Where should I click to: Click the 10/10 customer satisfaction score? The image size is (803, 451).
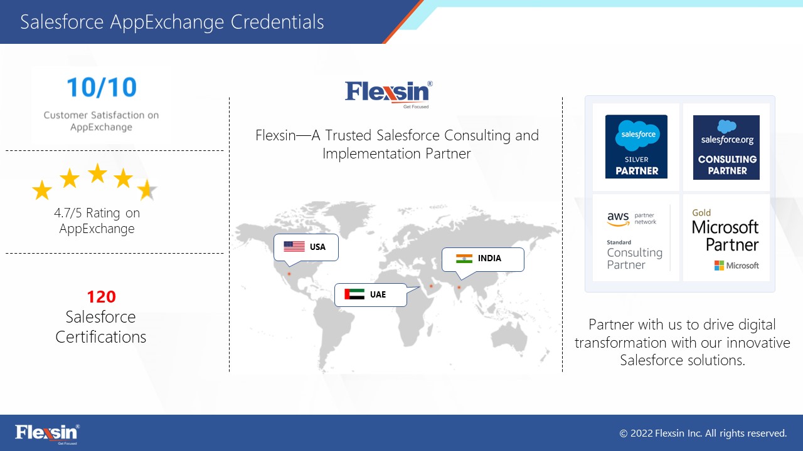click(102, 87)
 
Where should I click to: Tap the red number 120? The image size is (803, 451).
click(102, 297)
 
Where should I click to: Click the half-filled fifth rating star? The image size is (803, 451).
click(147, 189)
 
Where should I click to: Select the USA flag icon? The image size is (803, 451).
click(294, 247)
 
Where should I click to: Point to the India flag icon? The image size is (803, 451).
click(464, 259)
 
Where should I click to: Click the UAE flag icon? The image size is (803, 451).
click(354, 294)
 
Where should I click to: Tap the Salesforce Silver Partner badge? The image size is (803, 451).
click(636, 147)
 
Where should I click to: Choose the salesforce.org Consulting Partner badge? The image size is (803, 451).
click(726, 147)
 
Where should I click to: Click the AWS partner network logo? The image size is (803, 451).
click(632, 219)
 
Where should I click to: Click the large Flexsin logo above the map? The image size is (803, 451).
click(389, 94)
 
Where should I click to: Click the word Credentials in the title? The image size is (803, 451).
click(277, 22)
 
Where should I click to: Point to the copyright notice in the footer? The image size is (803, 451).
click(703, 433)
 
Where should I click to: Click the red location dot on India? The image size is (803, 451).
click(459, 287)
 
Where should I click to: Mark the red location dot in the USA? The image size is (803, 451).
click(289, 274)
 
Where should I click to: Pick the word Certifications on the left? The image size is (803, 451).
click(101, 337)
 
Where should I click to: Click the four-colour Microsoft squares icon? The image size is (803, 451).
click(719, 266)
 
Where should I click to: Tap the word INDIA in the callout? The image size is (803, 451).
click(489, 258)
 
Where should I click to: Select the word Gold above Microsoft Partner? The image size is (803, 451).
click(701, 212)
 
